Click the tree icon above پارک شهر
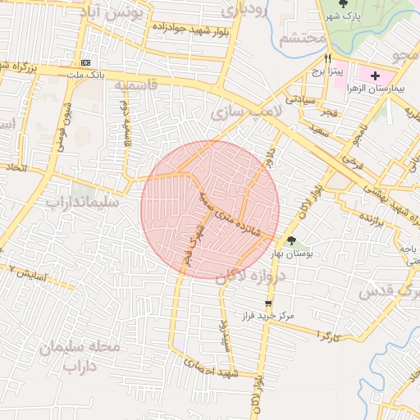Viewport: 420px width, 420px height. point(343,4)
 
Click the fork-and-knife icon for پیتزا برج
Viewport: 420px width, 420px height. point(328,58)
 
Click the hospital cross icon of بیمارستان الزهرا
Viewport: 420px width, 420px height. point(376,75)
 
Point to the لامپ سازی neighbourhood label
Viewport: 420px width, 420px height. point(247,109)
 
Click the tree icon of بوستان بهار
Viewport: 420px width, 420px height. point(292,240)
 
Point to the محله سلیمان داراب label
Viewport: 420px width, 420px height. point(80,358)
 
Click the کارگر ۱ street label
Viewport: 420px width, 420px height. point(327,336)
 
